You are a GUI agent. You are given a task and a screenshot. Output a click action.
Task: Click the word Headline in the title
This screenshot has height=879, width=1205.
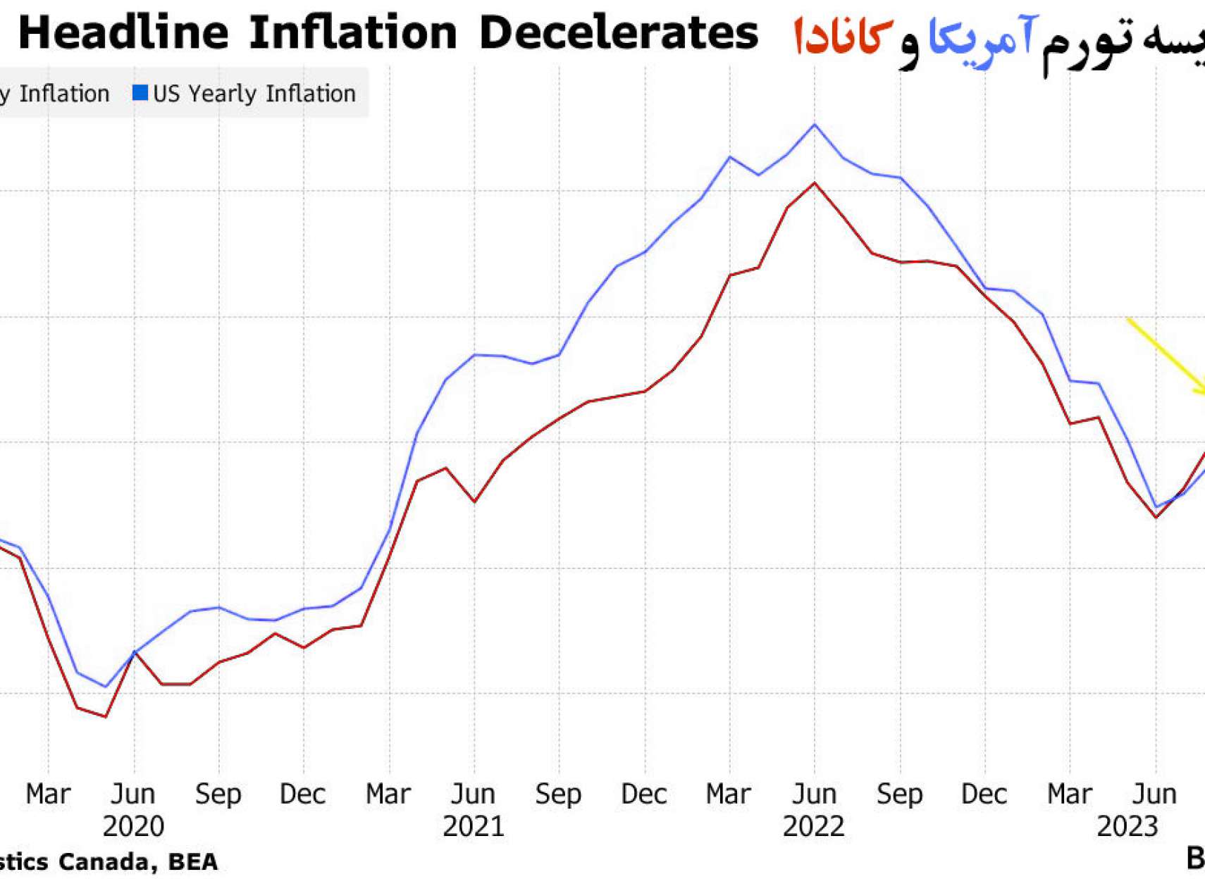tap(123, 33)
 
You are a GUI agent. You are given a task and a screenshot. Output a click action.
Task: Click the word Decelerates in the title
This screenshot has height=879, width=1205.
tap(618, 33)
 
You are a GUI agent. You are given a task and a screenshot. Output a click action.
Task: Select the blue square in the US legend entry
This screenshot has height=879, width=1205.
tap(140, 93)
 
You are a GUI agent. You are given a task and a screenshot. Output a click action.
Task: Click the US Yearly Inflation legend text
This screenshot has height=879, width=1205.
tap(254, 94)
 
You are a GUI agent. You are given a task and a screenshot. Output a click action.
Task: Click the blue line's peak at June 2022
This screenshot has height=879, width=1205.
tap(815, 125)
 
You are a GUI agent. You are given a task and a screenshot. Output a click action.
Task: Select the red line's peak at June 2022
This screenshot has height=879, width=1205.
tap(815, 183)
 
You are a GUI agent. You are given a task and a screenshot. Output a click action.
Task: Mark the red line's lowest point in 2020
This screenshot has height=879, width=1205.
tap(106, 716)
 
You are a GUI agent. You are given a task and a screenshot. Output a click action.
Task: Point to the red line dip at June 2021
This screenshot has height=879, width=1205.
tap(475, 501)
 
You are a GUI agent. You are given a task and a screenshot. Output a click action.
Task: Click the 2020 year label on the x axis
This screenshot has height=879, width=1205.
tap(133, 825)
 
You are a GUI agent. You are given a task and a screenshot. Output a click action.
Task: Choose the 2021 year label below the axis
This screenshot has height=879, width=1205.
tap(474, 825)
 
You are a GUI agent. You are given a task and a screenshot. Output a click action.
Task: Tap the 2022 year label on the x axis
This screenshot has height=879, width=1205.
tap(814, 825)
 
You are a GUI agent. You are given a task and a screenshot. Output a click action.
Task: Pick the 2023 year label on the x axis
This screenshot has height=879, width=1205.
tap(1127, 825)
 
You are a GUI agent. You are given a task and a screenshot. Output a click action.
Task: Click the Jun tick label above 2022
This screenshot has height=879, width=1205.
tap(815, 794)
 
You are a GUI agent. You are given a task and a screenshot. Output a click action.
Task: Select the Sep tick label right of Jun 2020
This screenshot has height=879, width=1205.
tap(218, 794)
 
